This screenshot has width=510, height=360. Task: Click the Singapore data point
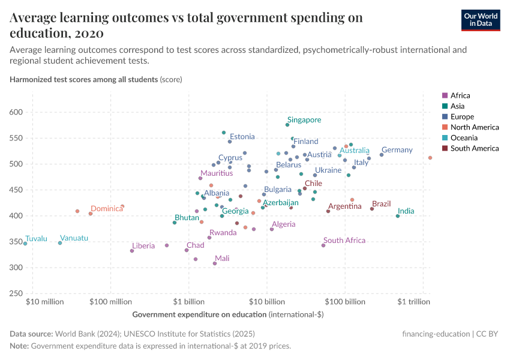[x=287, y=125]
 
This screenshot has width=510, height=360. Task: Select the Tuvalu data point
[x=25, y=244]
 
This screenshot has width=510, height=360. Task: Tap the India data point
[x=398, y=216]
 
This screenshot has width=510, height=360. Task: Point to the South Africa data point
[x=323, y=245]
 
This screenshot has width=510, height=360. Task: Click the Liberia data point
[x=132, y=251]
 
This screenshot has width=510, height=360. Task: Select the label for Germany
[x=397, y=150]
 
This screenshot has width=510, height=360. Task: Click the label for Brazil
[x=381, y=204]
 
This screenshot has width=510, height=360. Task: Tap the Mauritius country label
[x=217, y=173]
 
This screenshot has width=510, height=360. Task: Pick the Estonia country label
[x=242, y=137]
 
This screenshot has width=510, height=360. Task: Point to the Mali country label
[x=221, y=259]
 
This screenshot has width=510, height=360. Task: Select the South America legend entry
[x=474, y=148]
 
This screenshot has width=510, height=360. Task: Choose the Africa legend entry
[x=460, y=95]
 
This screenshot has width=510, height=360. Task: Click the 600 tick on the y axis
[x=16, y=112]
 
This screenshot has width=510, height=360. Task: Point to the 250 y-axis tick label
[x=16, y=293]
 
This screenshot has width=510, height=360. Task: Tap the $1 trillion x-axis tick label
[x=414, y=302]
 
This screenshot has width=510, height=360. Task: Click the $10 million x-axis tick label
[x=45, y=302]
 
